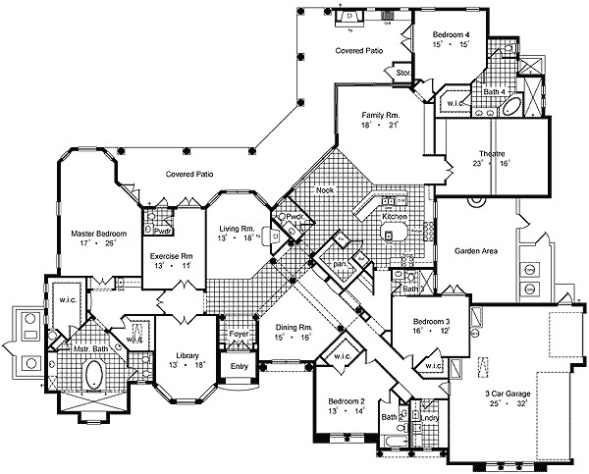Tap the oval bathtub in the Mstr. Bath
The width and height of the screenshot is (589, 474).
click(96, 375)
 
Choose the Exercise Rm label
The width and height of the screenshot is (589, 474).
click(170, 255)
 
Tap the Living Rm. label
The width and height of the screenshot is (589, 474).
click(237, 227)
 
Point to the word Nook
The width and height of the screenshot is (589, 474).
click(325, 192)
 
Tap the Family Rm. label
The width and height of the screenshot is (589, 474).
click(380, 116)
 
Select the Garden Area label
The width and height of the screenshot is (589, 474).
click(476, 250)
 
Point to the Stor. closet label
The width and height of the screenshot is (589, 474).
click(402, 73)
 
